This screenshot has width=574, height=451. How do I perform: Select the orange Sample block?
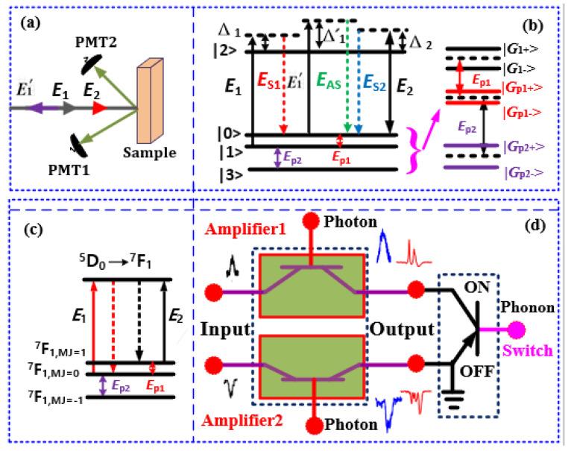154,104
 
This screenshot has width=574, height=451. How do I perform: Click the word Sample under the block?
151,155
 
